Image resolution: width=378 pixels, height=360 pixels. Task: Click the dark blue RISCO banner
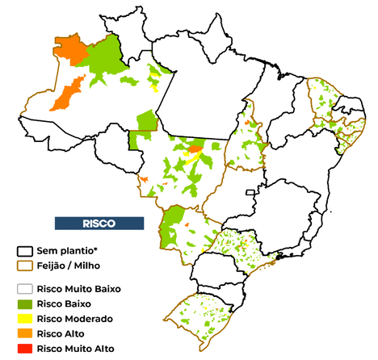click(99, 222)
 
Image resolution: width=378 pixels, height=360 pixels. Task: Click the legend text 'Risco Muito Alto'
click(82, 348)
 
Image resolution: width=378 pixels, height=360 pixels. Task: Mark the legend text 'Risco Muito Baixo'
click(84, 288)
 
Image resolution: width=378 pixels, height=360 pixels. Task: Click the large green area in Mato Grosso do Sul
click(173, 225)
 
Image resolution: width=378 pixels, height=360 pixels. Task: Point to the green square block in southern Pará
click(146, 121)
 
